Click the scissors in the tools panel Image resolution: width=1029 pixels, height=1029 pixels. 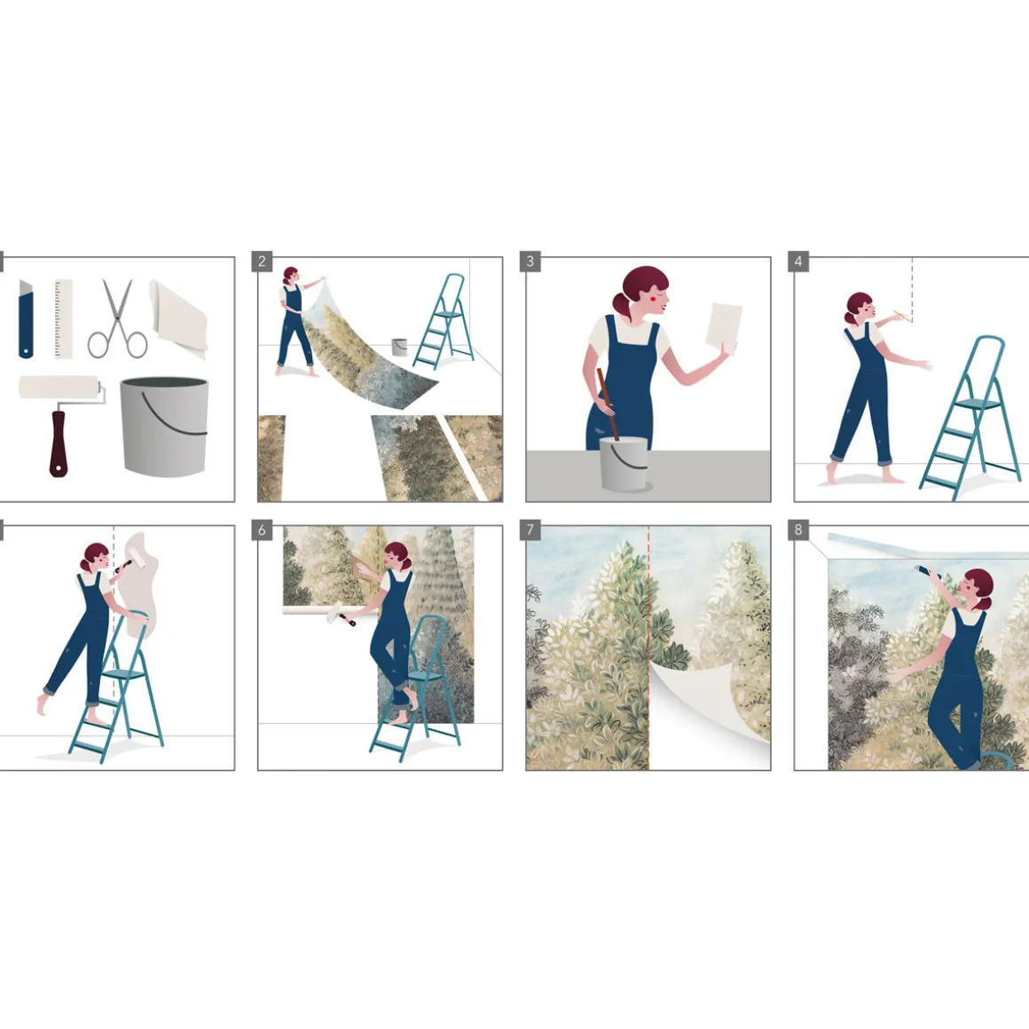pyautogui.click(x=117, y=320)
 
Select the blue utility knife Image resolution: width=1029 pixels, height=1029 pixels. pyautogui.click(x=26, y=319)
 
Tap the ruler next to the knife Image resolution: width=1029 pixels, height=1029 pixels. pyautogui.click(x=64, y=319)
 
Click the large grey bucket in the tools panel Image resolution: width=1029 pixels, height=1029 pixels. pyautogui.click(x=164, y=427)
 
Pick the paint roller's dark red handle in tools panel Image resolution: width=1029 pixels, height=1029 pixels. pyautogui.click(x=59, y=443)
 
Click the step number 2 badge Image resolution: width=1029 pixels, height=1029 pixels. pyautogui.click(x=262, y=261)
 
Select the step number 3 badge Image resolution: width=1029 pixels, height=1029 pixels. pyautogui.click(x=530, y=261)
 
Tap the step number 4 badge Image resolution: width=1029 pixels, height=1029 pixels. pyautogui.click(x=798, y=261)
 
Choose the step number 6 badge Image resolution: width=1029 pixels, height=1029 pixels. pyautogui.click(x=262, y=530)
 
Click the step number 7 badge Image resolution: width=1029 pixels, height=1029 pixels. pyautogui.click(x=530, y=530)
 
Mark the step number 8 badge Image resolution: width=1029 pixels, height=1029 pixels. pyautogui.click(x=798, y=530)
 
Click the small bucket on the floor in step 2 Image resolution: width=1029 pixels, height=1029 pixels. pyautogui.click(x=399, y=347)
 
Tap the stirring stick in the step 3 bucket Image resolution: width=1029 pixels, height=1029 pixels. pyautogui.click(x=608, y=405)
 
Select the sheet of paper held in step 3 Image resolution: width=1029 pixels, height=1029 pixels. pyautogui.click(x=724, y=326)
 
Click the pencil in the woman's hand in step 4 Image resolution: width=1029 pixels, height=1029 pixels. pyautogui.click(x=903, y=317)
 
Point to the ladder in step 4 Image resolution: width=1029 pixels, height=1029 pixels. pyautogui.click(x=970, y=418)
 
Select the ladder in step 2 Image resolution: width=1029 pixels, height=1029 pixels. pyautogui.click(x=444, y=321)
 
